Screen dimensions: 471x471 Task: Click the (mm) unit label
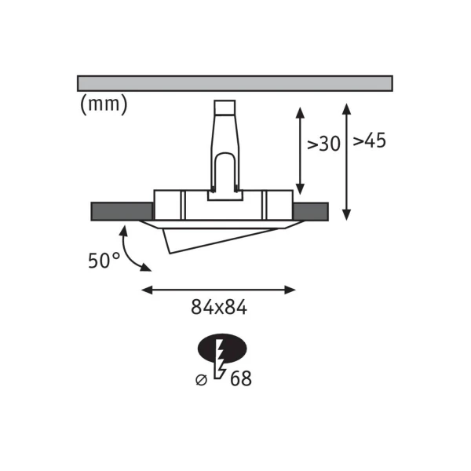pyautogui.click(x=104, y=104)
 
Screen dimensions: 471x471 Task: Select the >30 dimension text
pyautogui.click(x=323, y=144)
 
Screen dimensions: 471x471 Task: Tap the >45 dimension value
pyautogui.click(x=369, y=140)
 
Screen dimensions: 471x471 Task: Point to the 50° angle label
pyautogui.click(x=104, y=260)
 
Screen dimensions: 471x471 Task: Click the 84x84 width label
pyautogui.click(x=219, y=307)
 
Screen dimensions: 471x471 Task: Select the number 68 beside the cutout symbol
pyautogui.click(x=241, y=378)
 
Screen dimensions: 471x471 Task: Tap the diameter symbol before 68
pyautogui.click(x=201, y=380)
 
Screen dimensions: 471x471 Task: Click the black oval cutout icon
pyautogui.click(x=222, y=349)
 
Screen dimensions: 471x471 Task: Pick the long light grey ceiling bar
pyautogui.click(x=235, y=83)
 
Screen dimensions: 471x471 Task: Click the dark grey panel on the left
pyautogui.click(x=122, y=211)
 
